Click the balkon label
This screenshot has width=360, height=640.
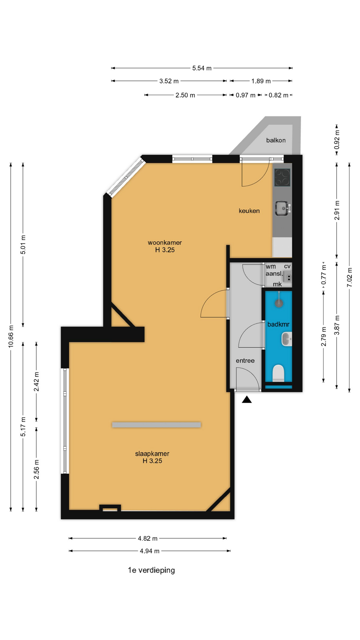tap(276, 140)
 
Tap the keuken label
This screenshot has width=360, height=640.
tap(249, 211)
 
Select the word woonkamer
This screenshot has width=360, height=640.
tap(165, 242)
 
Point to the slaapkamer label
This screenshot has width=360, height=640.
tap(152, 454)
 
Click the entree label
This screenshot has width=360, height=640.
tap(245, 361)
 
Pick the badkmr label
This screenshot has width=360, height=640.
tap(278, 324)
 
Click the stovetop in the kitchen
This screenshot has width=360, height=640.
tap(282, 177)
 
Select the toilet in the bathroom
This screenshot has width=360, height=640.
tap(278, 373)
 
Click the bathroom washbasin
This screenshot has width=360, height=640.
tap(287, 339)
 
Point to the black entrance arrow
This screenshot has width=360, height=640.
tap(247, 399)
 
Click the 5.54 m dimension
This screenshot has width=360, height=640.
tap(202, 68)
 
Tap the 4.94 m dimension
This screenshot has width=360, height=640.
tap(149, 551)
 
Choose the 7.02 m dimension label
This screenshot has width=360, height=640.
tap(349, 277)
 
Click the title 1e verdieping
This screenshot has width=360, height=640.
tap(151, 570)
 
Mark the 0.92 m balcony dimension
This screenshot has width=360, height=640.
tap(337, 139)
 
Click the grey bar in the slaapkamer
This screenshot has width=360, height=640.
tap(156, 425)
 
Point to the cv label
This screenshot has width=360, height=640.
tap(287, 266)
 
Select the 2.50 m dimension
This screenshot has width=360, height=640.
tap(185, 95)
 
